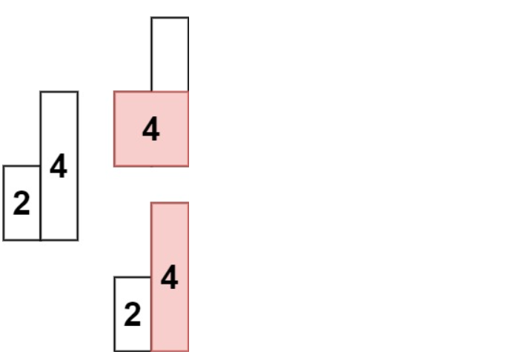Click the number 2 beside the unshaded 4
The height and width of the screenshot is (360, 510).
[21, 204]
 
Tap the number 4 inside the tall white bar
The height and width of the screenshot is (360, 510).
[59, 167]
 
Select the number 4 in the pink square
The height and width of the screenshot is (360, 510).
[150, 130]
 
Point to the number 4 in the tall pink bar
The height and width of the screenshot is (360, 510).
[170, 278]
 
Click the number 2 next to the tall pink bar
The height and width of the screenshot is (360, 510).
[133, 315]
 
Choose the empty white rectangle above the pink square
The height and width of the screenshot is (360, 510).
[170, 54]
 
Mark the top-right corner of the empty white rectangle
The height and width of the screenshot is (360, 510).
[188, 18]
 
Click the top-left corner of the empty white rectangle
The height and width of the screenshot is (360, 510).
[151, 18]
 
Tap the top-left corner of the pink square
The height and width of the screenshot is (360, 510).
[114, 92]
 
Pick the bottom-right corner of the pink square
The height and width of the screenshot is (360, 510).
[188, 166]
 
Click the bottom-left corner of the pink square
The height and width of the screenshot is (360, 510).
[114, 166]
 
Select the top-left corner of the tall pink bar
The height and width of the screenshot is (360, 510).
[151, 203]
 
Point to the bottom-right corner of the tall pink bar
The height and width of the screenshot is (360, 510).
[188, 351]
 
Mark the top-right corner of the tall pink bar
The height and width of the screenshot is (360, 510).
[188, 203]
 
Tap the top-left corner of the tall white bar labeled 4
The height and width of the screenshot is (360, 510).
[41, 92]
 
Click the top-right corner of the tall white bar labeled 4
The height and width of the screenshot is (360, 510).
[78, 92]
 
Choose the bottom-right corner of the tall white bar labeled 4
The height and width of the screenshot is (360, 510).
[78, 240]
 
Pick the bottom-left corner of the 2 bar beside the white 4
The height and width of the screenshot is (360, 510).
[4, 240]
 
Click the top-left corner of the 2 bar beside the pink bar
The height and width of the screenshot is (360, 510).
[114, 277]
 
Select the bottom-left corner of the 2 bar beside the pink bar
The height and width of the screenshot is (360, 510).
[114, 351]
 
